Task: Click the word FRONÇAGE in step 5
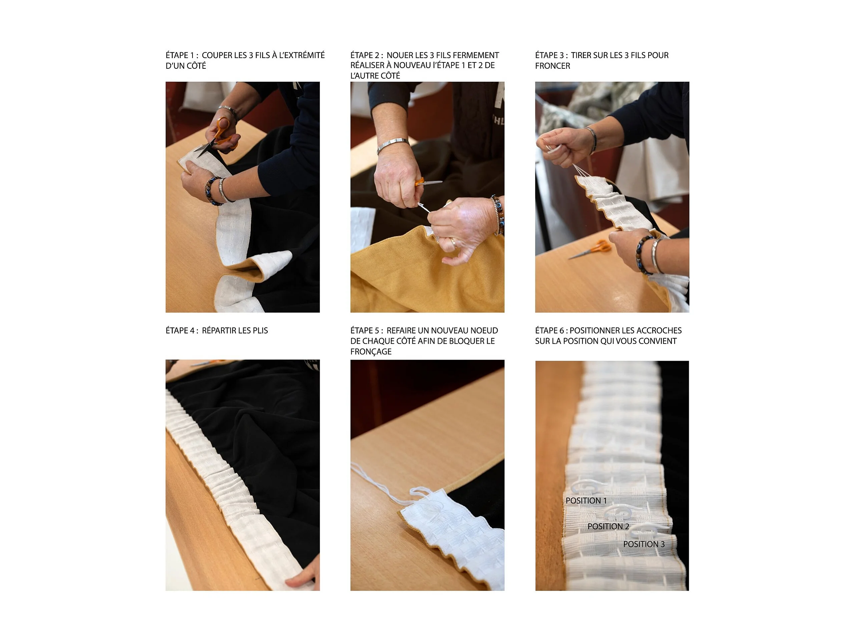click(x=371, y=351)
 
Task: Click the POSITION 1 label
click(x=586, y=501)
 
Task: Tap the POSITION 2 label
click(x=608, y=526)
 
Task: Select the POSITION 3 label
click(x=644, y=544)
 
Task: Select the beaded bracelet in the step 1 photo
click(x=211, y=191)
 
